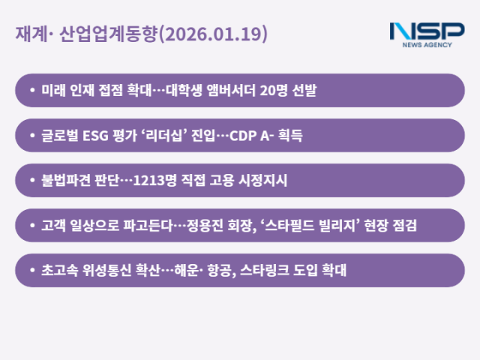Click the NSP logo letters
(x=427, y=31)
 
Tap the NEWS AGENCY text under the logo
(x=427, y=46)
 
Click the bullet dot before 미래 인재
(x=31, y=91)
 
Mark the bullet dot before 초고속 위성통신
(x=31, y=271)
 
